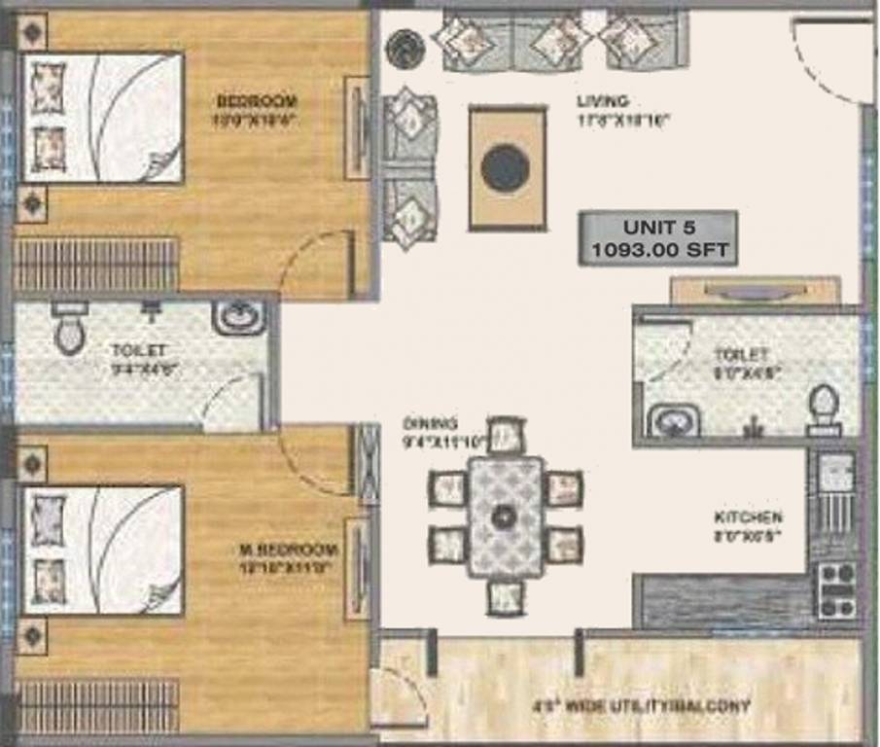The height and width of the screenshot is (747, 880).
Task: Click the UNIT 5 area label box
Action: pos(657,238)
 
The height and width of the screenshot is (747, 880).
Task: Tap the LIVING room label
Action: pos(603,101)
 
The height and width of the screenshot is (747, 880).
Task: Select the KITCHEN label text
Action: pos(747,518)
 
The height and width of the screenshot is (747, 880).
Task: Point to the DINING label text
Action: pos(430,423)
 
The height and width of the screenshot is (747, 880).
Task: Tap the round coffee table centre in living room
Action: pos(506,167)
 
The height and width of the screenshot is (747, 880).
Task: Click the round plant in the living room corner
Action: pos(402,46)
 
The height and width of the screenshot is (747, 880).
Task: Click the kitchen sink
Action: pos(834,477)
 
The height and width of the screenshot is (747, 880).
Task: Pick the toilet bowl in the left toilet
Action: pos(70,329)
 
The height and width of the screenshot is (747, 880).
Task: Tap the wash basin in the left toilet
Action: pos(238,316)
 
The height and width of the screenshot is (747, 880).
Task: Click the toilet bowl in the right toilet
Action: pos(824,409)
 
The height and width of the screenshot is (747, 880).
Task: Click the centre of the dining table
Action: pos(505,516)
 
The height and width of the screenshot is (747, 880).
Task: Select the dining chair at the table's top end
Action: pos(506,435)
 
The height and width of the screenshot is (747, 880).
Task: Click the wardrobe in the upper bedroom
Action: pos(96,265)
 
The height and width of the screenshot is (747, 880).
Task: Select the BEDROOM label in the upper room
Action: pos(257,101)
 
